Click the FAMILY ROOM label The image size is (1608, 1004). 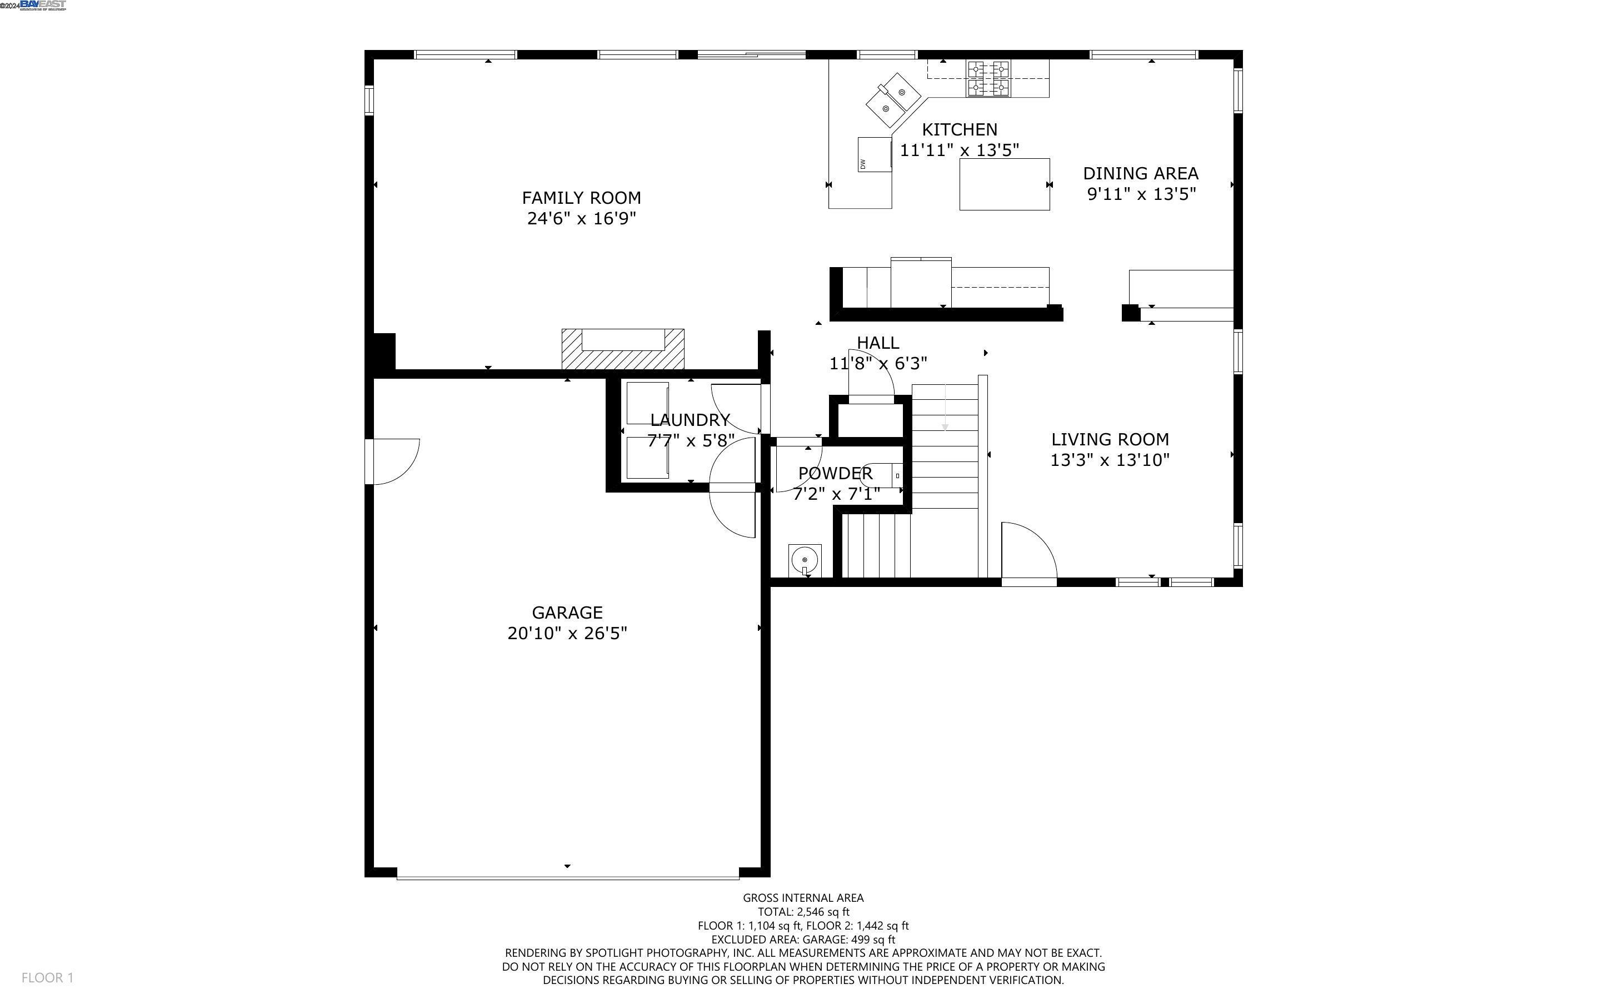(581, 198)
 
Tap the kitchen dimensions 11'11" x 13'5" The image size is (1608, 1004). (959, 150)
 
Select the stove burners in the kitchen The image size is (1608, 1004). (988, 78)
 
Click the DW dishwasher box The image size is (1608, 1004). (874, 154)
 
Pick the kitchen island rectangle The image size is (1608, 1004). (1004, 184)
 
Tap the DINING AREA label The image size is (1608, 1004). (1140, 173)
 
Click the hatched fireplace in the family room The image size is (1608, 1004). (622, 350)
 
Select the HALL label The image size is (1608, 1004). (877, 343)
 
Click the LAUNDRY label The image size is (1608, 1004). (690, 420)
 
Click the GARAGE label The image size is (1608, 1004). (567, 612)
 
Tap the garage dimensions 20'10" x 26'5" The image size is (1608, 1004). (567, 634)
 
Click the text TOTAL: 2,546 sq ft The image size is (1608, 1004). (803, 912)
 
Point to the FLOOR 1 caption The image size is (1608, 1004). (47, 977)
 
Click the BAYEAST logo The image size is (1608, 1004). (43, 6)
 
